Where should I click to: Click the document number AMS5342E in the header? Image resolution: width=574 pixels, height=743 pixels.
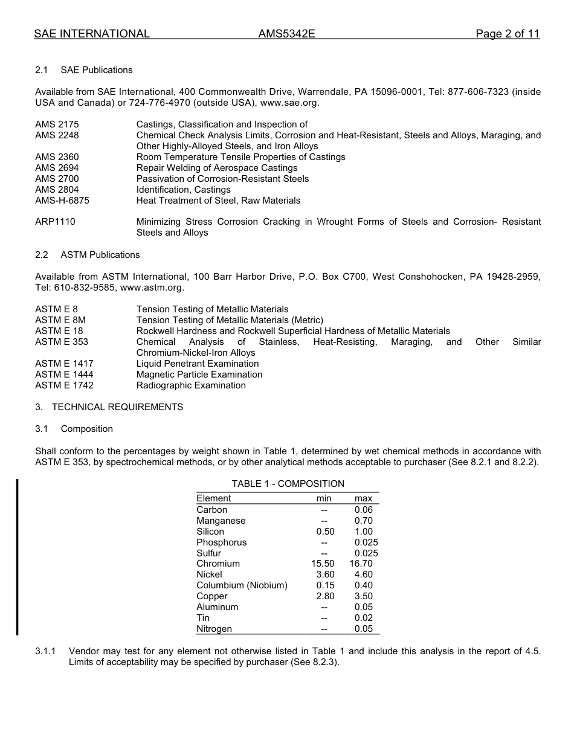[x=286, y=34]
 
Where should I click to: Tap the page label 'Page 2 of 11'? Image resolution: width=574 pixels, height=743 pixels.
[x=507, y=34]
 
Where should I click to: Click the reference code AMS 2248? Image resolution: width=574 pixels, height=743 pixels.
[x=57, y=135]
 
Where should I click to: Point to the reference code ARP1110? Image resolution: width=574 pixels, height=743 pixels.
[x=55, y=222]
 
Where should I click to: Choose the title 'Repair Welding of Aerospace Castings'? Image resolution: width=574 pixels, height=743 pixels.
[x=217, y=168]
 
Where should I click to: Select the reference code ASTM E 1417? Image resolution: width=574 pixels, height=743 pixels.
[x=64, y=364]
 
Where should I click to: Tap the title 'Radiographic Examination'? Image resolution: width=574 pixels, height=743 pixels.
[x=191, y=385]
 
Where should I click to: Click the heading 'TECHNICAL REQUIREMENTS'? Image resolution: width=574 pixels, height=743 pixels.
[x=117, y=407]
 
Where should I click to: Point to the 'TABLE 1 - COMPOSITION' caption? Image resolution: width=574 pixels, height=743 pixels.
[x=288, y=484]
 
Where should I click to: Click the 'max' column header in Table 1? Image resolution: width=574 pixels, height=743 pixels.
[x=363, y=498]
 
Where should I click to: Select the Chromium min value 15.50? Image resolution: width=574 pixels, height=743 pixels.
[x=323, y=564]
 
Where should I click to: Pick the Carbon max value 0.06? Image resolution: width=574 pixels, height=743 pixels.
[x=364, y=510]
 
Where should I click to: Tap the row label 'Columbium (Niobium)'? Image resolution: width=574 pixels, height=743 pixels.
[x=242, y=585]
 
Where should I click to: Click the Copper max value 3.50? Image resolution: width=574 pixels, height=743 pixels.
[x=364, y=596]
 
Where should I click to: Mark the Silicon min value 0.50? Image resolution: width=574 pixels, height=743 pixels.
[x=325, y=532]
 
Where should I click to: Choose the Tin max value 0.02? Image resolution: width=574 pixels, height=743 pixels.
[x=364, y=618]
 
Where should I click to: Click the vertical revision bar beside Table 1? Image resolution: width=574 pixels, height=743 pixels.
[x=17, y=556]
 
